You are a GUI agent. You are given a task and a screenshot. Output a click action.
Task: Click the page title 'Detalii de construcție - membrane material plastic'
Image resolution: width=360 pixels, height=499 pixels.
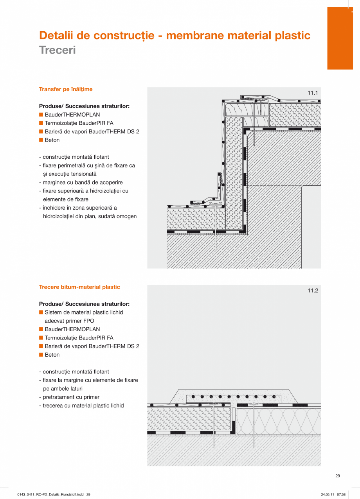tap(175, 36)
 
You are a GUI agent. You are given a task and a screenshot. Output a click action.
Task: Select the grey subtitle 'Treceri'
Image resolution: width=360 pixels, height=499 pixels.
tap(57, 50)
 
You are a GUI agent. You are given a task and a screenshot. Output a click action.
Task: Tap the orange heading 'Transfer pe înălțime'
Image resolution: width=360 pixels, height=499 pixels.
tap(66, 89)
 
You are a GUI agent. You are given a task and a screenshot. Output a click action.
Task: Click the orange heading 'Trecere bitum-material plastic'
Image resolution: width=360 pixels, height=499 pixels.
tap(79, 287)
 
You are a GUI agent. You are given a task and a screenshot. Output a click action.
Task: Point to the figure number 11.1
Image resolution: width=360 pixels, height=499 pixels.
tap(313, 93)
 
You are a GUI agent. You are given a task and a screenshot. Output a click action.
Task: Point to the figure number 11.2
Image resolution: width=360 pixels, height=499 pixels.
tap(313, 291)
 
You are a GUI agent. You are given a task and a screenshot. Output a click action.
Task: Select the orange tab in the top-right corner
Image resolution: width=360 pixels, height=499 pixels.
tap(340, 38)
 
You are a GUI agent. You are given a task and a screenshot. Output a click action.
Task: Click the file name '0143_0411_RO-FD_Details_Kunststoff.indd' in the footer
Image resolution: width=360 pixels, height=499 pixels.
tap(51, 495)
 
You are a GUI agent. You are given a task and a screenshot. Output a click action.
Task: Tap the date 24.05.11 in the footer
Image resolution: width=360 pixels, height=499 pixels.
tap(327, 495)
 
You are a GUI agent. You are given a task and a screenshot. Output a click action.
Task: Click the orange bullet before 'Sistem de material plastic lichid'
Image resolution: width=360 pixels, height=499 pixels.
tap(41, 312)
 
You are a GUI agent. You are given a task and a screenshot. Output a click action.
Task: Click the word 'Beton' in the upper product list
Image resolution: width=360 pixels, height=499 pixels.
tap(52, 140)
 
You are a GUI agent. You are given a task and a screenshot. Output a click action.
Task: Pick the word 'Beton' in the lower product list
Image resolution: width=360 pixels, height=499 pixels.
tap(52, 355)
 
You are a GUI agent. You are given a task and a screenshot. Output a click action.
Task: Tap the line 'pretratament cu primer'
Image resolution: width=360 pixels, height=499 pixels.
tap(71, 397)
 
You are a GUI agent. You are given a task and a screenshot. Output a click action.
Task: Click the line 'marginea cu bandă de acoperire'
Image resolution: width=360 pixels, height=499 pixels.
tap(83, 182)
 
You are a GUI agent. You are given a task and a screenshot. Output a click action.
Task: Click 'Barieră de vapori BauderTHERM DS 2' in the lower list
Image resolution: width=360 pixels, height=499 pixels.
tap(92, 346)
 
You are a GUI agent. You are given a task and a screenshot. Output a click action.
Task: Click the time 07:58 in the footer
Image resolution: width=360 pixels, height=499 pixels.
tap(342, 495)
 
